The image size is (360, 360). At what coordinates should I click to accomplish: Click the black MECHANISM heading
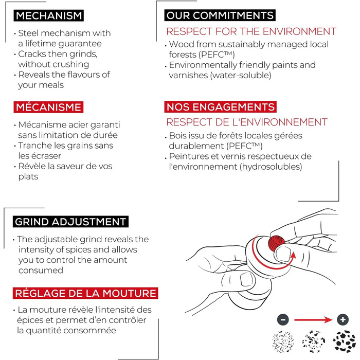click(49, 15)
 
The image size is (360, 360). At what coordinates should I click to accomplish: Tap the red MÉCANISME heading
click(48, 107)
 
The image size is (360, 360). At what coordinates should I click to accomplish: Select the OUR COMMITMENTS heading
click(220, 15)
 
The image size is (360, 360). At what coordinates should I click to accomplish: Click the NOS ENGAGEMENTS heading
click(221, 107)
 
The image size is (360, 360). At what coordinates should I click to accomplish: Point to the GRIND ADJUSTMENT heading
click(70, 222)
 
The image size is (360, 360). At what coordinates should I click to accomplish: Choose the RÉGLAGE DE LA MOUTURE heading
click(85, 293)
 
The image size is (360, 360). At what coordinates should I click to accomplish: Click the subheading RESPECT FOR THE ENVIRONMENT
click(251, 31)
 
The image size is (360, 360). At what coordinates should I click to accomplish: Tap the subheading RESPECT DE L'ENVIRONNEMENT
click(247, 122)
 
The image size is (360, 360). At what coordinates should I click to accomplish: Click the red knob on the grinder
click(277, 243)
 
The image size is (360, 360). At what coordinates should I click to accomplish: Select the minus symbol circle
click(283, 319)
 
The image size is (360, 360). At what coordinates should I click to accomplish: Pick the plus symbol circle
click(343, 319)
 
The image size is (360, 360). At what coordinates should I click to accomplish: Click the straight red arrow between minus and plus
click(313, 319)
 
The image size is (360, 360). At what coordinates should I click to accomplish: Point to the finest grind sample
click(283, 341)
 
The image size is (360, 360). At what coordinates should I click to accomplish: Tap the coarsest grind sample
click(345, 341)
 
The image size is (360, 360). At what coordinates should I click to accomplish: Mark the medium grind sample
click(314, 341)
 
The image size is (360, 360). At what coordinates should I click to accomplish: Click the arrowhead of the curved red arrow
click(293, 255)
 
